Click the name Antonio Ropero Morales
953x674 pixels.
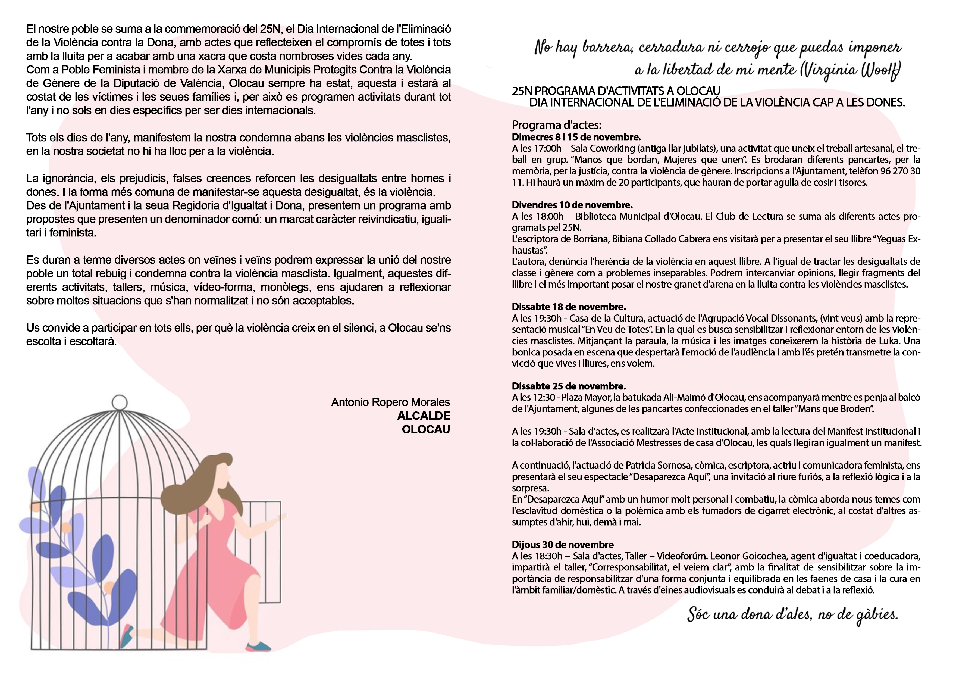(x=390, y=402)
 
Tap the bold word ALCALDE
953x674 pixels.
(x=423, y=416)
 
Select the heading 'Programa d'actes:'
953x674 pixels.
(x=557, y=125)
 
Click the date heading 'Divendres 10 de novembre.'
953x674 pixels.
(x=572, y=205)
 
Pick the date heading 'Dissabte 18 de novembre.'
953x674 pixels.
(x=569, y=307)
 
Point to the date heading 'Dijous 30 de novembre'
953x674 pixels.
(x=562, y=544)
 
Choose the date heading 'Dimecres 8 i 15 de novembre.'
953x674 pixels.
(x=576, y=137)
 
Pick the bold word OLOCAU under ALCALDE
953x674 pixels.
(x=426, y=429)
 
